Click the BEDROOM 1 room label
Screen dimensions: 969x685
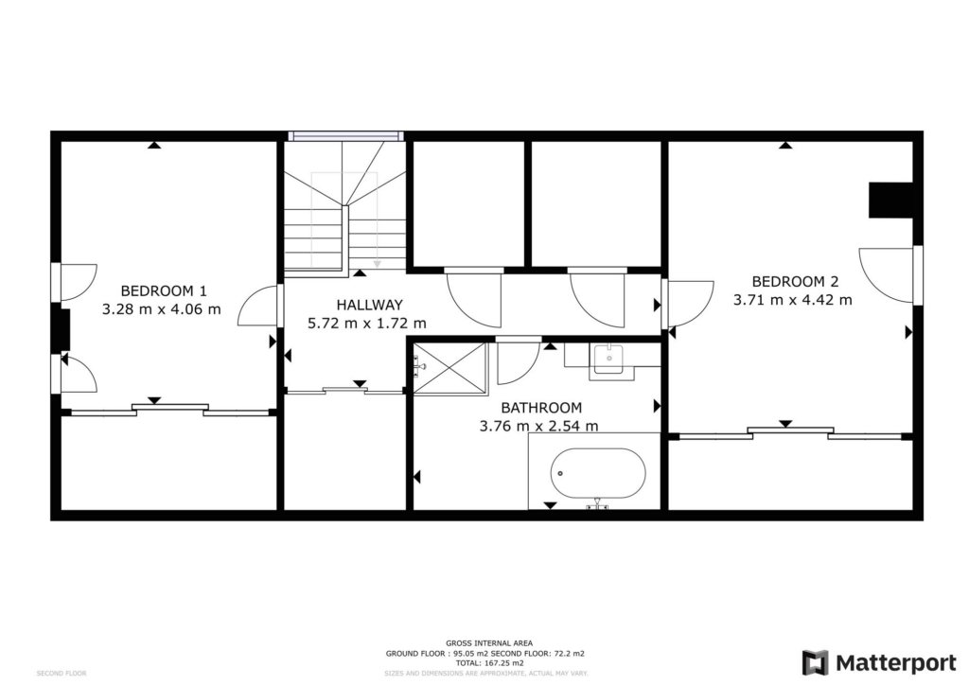164,290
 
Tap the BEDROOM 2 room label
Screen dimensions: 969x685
795,282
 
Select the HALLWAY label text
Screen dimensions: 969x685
370,305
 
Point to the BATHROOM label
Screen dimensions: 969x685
541,408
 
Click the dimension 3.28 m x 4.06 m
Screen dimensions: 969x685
161,308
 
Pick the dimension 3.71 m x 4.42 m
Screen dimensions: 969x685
793,300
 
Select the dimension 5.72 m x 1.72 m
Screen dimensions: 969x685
367,323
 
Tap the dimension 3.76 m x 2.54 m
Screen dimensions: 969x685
538,426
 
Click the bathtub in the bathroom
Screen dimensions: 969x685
598,473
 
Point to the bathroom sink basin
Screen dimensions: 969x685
608,359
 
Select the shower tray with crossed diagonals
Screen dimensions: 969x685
449,367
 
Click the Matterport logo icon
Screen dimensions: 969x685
815,662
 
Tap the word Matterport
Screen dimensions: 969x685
896,663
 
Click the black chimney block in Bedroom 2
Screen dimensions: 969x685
890,200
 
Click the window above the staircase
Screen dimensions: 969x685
346,136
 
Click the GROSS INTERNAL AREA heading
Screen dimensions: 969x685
489,643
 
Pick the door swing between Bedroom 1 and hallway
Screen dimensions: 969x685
257,305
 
